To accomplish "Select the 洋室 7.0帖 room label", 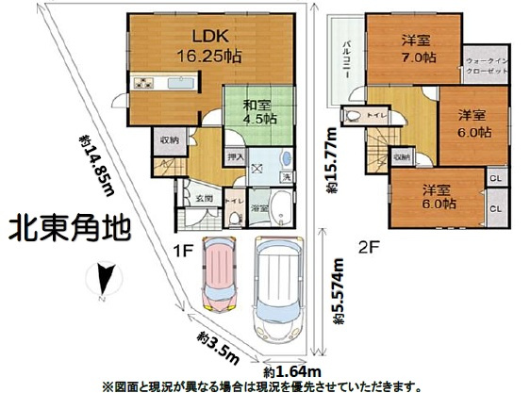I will pyautogui.click(x=415, y=49).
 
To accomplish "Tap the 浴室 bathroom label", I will pyautogui.click(x=259, y=207).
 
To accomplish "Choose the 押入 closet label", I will pyautogui.click(x=237, y=156).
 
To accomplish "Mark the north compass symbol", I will pyautogui.click(x=104, y=279).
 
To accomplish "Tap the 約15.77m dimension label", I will pyautogui.click(x=331, y=160).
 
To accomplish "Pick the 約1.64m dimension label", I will pyautogui.click(x=287, y=371).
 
